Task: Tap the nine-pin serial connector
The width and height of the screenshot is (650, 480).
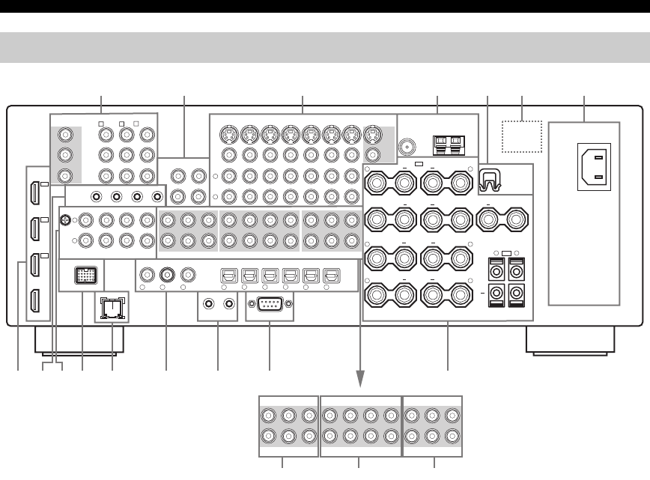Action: [x=270, y=306]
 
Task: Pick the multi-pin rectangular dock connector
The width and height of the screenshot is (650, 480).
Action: [x=86, y=275]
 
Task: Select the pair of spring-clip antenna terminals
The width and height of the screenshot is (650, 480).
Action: [x=446, y=142]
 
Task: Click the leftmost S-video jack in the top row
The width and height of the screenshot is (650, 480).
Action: [x=228, y=136]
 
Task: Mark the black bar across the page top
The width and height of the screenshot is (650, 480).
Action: [x=325, y=5]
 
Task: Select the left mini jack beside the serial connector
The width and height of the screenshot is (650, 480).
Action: [x=210, y=304]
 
